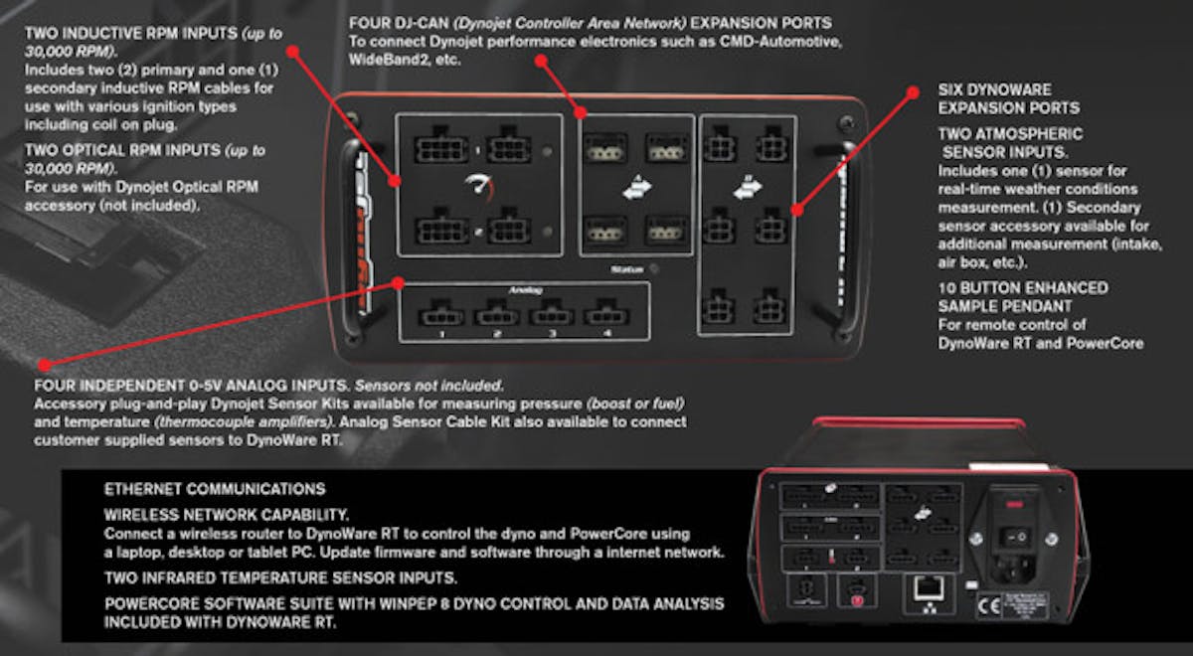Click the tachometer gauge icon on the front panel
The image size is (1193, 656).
tap(479, 186)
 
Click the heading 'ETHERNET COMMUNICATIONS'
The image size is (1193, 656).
tap(214, 489)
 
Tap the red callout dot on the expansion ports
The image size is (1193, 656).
tap(795, 211)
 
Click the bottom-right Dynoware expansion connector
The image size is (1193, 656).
tap(768, 307)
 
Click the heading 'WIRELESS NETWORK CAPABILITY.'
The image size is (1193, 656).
tap(226, 515)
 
